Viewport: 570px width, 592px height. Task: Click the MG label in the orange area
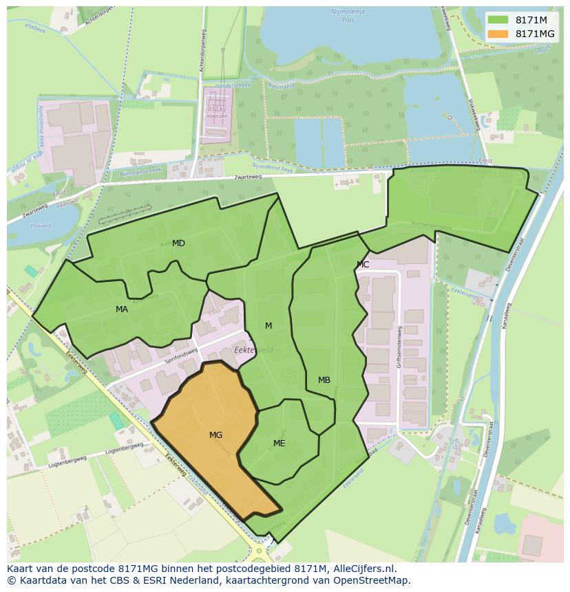coord(215,435)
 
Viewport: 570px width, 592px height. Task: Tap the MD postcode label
coord(178,243)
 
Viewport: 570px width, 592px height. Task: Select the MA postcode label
coord(122,309)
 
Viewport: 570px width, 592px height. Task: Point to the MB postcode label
coord(324,380)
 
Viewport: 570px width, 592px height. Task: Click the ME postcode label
coord(279,443)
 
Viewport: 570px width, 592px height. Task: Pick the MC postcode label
coord(363,265)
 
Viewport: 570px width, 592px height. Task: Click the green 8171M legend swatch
coord(498,20)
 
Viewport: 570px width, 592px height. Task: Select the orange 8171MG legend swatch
coord(498,34)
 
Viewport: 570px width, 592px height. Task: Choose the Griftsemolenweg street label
coord(398,347)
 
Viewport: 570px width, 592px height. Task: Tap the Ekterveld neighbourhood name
coord(253,350)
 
